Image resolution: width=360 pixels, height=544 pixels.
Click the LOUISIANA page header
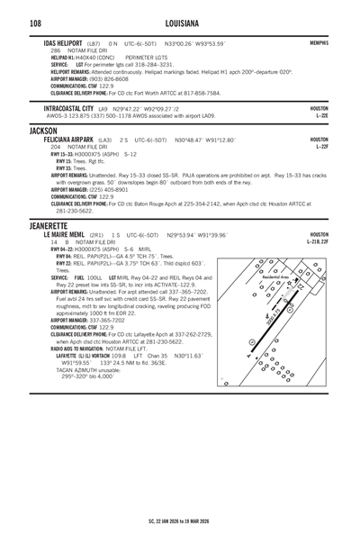(x=180, y=21)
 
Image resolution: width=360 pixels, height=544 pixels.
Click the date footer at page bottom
(x=180, y=521)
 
